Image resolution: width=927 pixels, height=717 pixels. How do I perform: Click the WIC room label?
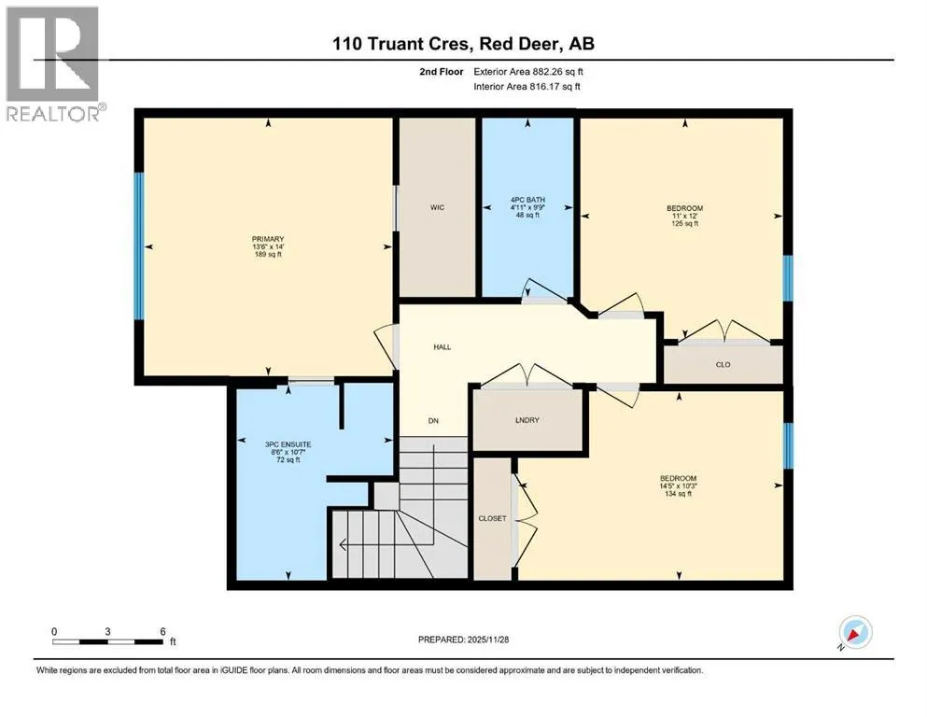pos(437,207)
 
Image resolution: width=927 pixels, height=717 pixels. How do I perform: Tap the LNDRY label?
pos(527,420)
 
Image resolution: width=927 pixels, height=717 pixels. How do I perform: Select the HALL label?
pos(442,347)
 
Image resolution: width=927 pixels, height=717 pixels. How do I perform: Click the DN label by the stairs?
pos(433,421)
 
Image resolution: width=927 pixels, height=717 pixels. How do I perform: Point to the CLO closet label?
pos(723,365)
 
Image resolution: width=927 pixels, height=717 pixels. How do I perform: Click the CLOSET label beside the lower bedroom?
pos(493,518)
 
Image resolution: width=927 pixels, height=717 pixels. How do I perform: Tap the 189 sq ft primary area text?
pos(268,255)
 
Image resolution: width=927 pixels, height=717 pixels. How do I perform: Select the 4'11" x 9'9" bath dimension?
pos(527,207)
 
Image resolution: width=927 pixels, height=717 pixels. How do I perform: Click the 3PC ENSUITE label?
pos(288,444)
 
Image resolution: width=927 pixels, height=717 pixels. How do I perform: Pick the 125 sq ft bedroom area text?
pos(684,224)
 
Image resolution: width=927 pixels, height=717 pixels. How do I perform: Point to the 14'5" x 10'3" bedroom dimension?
pos(678,485)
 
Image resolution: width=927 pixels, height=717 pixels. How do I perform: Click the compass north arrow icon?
pos(855,634)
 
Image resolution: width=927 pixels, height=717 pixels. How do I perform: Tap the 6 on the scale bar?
pos(162,631)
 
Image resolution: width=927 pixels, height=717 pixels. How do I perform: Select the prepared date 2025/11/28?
pos(487,640)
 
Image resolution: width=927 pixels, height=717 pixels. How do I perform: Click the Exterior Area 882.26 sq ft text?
pos(528,72)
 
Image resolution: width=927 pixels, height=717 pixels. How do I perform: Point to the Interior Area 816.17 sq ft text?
pos(527,86)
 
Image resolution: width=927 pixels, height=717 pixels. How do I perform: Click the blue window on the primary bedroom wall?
pos(139,246)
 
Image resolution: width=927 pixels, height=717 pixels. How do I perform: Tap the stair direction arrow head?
pos(343,544)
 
